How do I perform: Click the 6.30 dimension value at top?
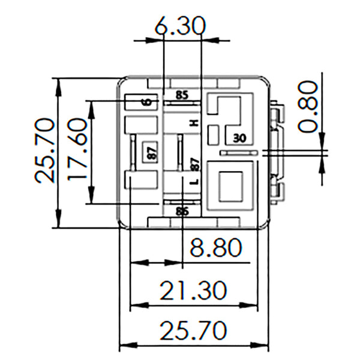click(x=179, y=26)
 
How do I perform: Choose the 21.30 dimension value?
click(x=193, y=290)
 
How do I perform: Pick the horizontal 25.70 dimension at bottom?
click(x=193, y=329)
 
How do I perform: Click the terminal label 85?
click(x=182, y=95)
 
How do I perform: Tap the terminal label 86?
click(x=182, y=211)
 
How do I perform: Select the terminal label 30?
click(x=239, y=137)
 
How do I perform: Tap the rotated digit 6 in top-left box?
click(x=146, y=102)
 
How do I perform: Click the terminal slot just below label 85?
click(x=182, y=103)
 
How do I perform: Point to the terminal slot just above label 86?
click(x=182, y=203)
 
